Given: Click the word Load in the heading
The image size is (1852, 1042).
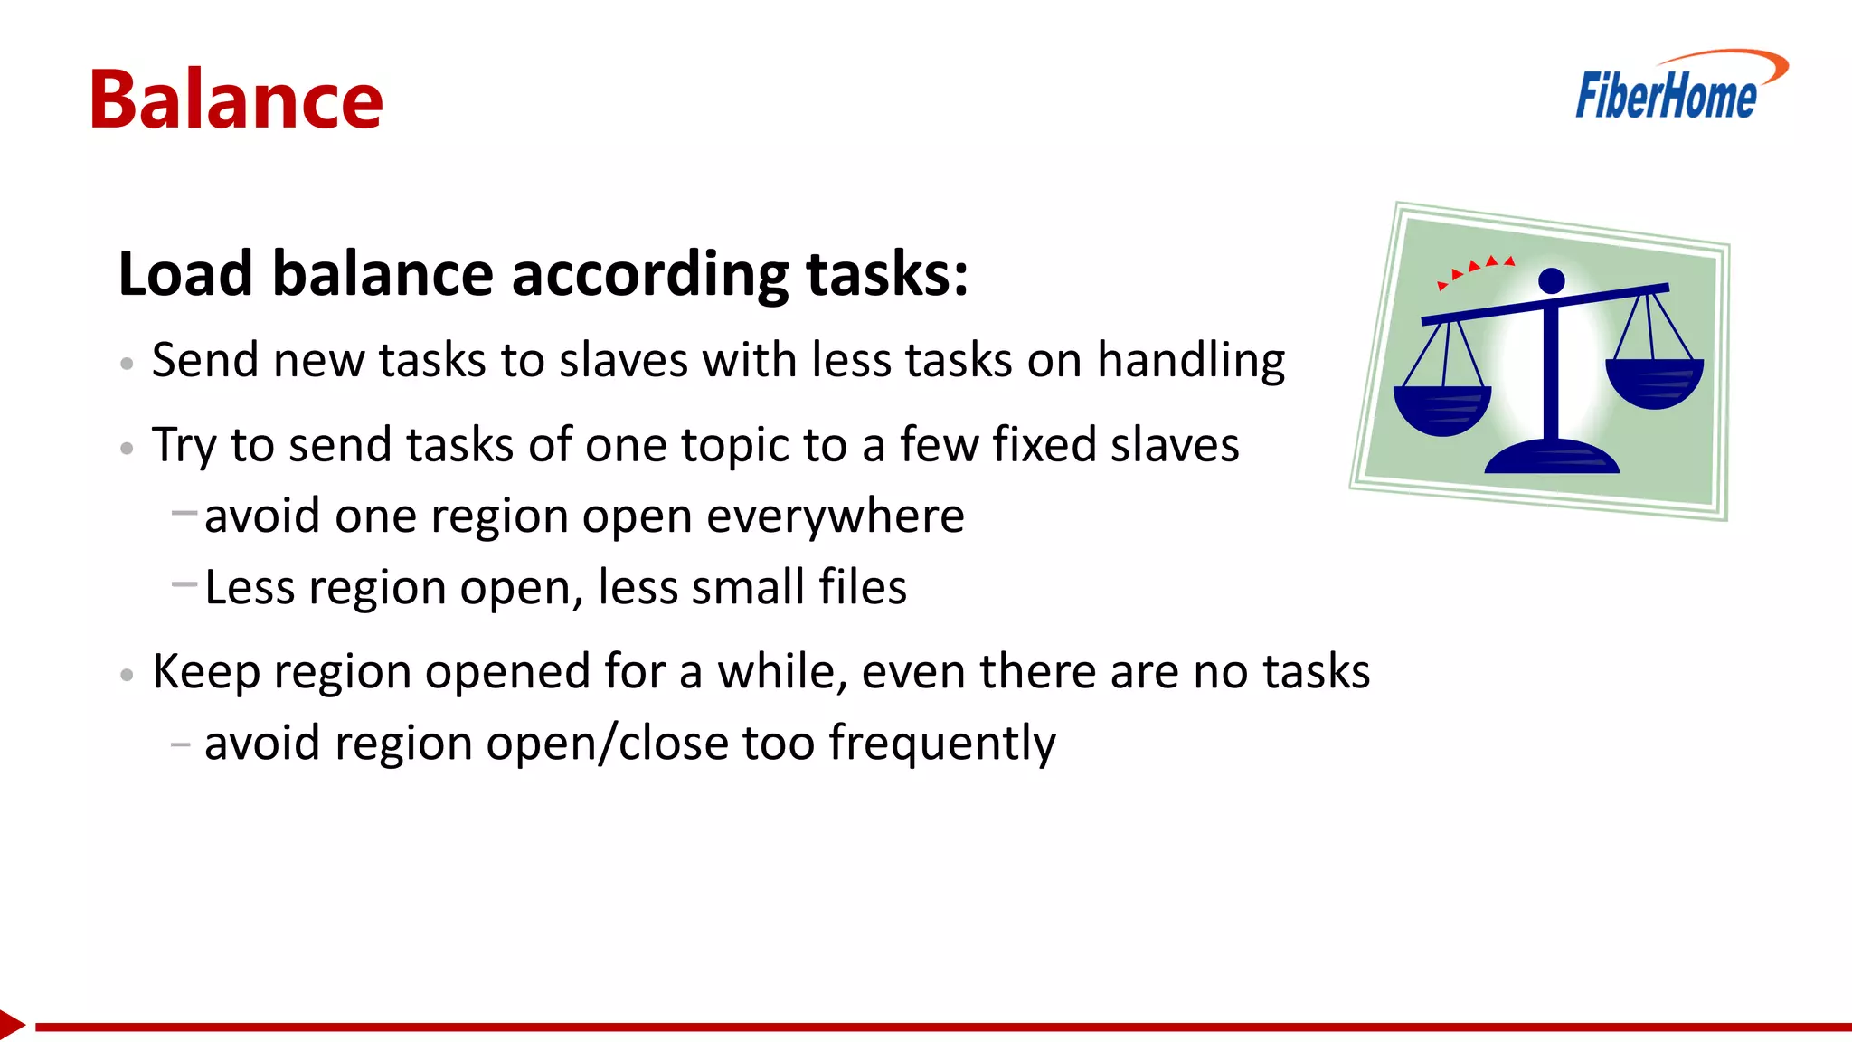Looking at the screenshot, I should [x=184, y=273].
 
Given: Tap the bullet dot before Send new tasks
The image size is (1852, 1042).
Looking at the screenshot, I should [x=127, y=364].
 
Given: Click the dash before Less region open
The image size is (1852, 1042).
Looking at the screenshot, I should [x=184, y=584].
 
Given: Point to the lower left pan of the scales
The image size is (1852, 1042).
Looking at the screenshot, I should [x=1441, y=410].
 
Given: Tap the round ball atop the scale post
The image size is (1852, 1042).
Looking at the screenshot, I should [x=1552, y=280].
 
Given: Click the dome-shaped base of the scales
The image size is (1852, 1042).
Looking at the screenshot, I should [x=1552, y=458].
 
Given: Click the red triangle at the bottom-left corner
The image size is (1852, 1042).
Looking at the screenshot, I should [x=11, y=1025].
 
